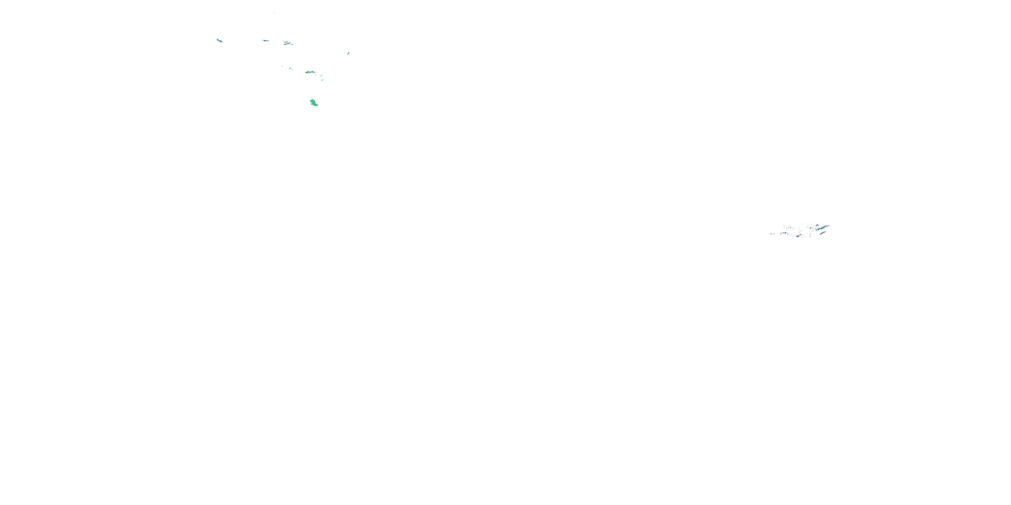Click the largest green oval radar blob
point(314,103)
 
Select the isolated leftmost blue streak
point(220,41)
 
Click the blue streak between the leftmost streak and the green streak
point(266,41)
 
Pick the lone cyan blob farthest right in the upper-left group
point(348,53)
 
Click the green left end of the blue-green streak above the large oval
point(307,72)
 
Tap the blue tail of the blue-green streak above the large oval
point(312,72)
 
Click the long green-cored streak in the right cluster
point(823,228)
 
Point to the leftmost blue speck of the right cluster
point(771,234)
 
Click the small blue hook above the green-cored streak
point(818,225)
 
